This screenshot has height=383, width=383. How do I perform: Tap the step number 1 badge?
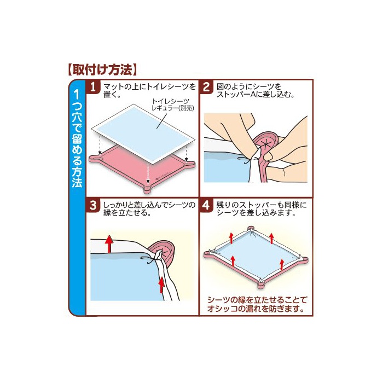[93, 86]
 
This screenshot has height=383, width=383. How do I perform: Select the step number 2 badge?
[206, 86]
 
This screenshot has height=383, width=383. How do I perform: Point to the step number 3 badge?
[93, 205]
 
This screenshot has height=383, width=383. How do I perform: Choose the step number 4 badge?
[206, 205]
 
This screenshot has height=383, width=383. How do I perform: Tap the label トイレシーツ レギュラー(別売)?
[172, 105]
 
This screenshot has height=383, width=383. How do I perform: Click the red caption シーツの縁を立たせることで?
[257, 300]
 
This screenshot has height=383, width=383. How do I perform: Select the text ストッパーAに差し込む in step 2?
[256, 95]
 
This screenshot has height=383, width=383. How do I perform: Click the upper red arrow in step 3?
[109, 244]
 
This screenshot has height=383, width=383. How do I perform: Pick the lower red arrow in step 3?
[161, 285]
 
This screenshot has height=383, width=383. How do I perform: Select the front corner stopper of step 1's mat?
[148, 189]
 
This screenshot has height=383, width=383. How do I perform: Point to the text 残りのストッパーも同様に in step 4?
[261, 205]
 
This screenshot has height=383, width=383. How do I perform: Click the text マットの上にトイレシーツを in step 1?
[150, 86]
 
